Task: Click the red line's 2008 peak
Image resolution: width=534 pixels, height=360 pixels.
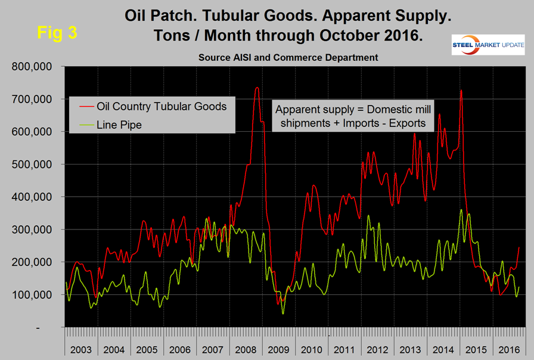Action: pyautogui.click(x=257, y=88)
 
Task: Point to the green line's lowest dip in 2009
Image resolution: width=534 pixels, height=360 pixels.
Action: pyautogui.click(x=283, y=314)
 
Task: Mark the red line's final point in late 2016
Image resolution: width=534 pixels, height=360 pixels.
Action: pyautogui.click(x=519, y=247)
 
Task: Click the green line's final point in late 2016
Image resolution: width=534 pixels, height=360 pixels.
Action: pyautogui.click(x=519, y=287)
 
